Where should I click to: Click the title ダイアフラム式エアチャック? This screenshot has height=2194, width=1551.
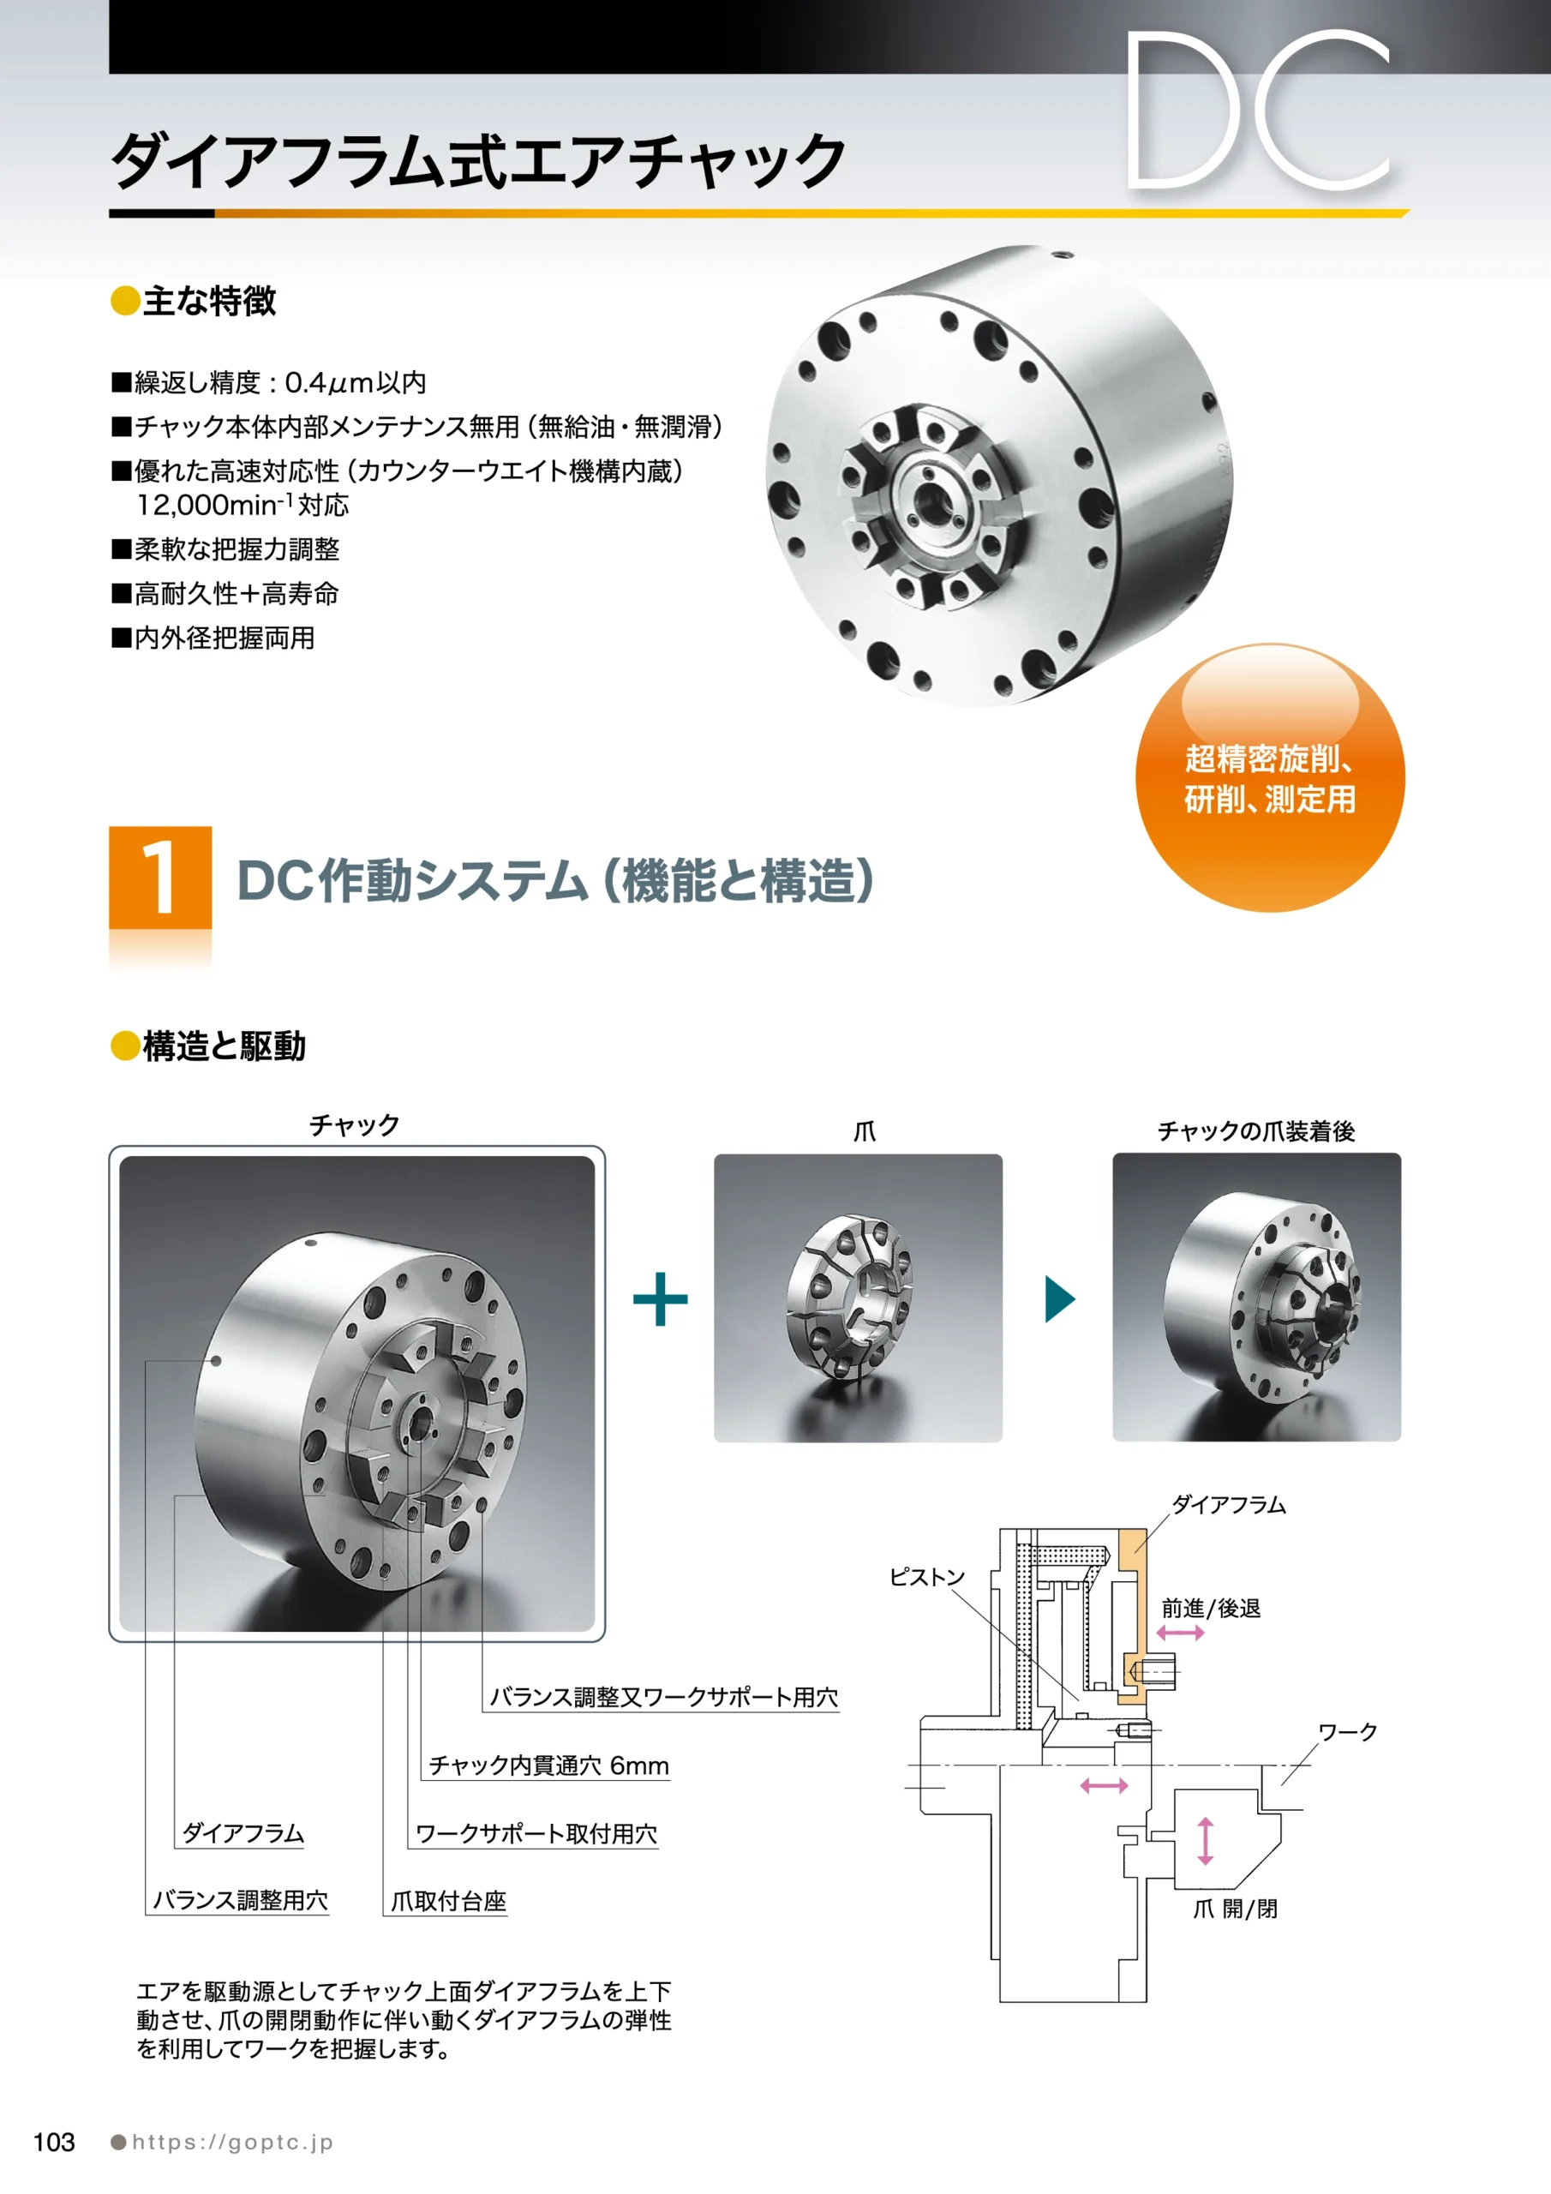(479, 160)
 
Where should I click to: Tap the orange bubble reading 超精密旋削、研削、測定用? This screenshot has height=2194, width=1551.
(1270, 778)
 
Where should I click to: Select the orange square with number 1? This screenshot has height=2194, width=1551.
(160, 878)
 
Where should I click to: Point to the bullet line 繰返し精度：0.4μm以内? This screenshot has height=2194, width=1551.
(268, 382)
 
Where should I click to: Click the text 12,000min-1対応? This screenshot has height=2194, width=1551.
(243, 505)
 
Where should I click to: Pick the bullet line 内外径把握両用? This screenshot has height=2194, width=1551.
(213, 638)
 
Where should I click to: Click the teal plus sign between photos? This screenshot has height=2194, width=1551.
(661, 1298)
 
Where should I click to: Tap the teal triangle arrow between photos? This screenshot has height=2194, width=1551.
(1060, 1298)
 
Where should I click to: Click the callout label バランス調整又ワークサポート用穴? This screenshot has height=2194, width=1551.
(664, 1696)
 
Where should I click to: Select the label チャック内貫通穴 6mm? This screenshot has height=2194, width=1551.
(548, 1765)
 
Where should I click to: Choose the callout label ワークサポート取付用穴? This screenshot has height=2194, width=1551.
(536, 1834)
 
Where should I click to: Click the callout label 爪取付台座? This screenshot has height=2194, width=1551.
(448, 1901)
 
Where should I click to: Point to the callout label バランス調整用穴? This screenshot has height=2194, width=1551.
(241, 1900)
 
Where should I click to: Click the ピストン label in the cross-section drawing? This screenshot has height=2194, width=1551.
(927, 1577)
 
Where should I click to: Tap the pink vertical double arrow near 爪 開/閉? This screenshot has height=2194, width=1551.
(1205, 1840)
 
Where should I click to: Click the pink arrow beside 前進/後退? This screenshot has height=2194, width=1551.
(1180, 1634)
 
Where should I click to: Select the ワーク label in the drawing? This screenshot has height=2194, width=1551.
(1347, 1732)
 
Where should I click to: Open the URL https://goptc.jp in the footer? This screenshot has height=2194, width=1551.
(232, 2143)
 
